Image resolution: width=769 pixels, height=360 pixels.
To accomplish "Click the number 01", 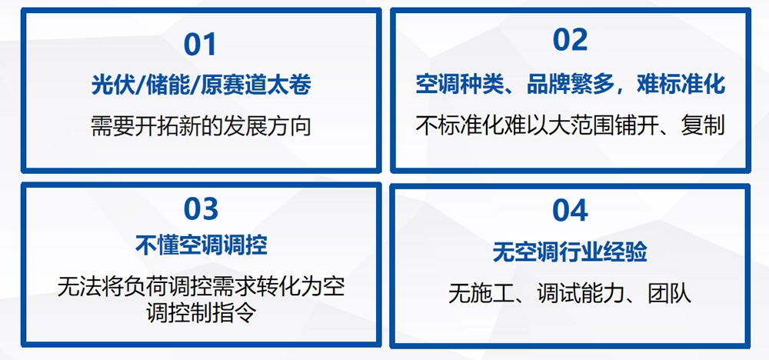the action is point(200,44).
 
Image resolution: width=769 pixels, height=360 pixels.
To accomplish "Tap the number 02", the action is point(570,39).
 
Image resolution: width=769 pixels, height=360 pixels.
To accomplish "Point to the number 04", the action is point(570,211).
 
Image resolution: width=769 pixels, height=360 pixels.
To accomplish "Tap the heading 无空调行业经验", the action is point(570,252).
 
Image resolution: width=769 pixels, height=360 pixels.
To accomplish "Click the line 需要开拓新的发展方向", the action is point(201,127).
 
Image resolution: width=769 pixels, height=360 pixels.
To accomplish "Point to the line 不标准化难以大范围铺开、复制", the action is point(570,125).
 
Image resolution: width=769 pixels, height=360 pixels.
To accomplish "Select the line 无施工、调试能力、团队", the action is point(570,294).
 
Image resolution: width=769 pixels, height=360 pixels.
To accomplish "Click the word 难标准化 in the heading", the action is point(681,85).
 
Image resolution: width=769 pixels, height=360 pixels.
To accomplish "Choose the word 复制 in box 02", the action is point(702,125).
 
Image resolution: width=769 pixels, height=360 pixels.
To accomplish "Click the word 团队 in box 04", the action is point(670,294).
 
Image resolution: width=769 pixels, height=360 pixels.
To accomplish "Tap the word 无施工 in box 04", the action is point(481,294).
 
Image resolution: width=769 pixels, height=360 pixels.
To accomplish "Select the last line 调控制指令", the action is point(201,312).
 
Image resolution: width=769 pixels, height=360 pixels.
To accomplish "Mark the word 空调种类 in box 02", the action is point(460,85).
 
